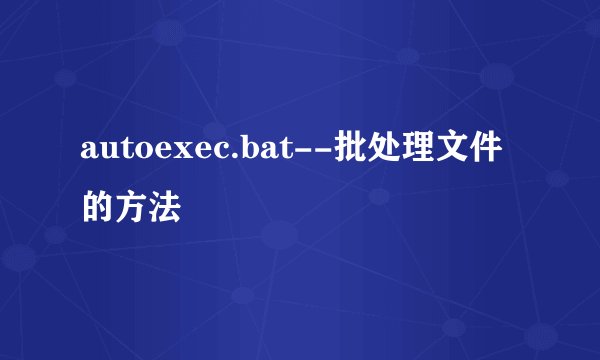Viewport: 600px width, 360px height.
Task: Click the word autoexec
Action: tap(149, 152)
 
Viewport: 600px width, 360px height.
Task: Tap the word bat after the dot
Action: tap(261, 152)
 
